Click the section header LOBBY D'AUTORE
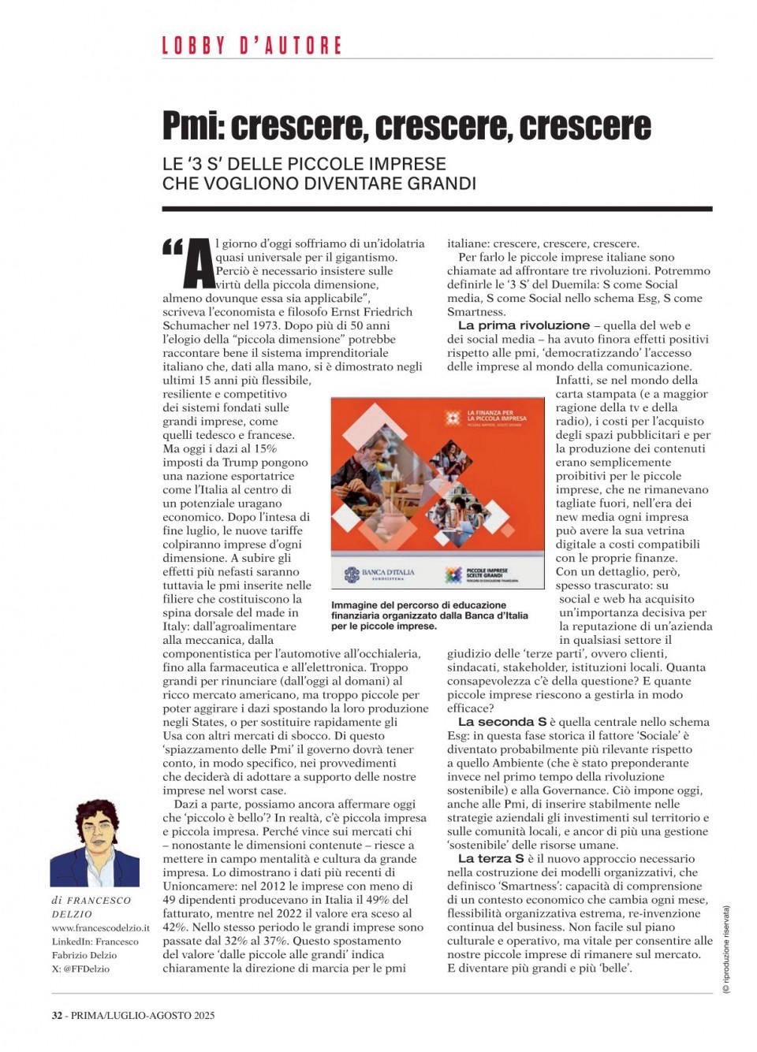click(252, 46)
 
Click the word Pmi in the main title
click(193, 126)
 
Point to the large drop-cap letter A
click(199, 263)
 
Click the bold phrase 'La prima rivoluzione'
click(524, 325)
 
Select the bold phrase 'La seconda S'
click(502, 722)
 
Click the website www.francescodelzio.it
click(100, 928)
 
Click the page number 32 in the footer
click(57, 1016)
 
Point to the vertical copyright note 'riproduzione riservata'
click(726, 950)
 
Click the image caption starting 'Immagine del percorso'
click(429, 615)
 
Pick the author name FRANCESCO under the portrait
click(99, 901)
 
